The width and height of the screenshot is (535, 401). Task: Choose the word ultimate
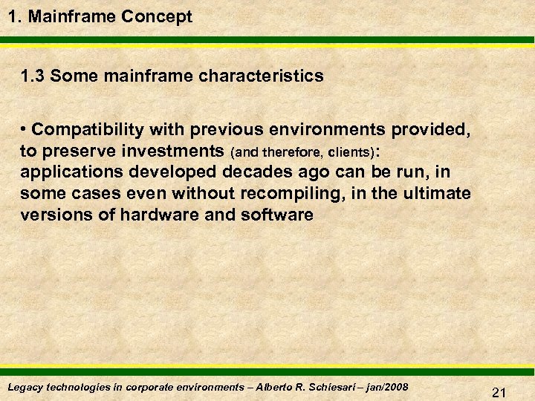point(435,194)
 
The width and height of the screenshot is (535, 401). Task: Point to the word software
point(277,215)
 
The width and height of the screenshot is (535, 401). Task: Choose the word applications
point(69,172)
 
